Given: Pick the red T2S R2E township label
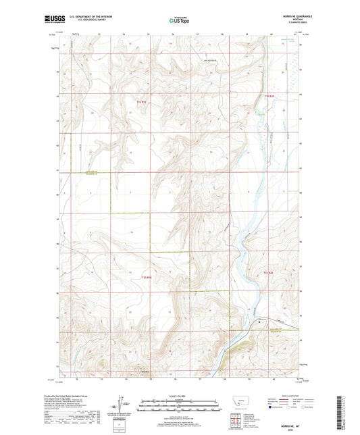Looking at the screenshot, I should tap(267, 272).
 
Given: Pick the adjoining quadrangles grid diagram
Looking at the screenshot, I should tap(238, 420).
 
